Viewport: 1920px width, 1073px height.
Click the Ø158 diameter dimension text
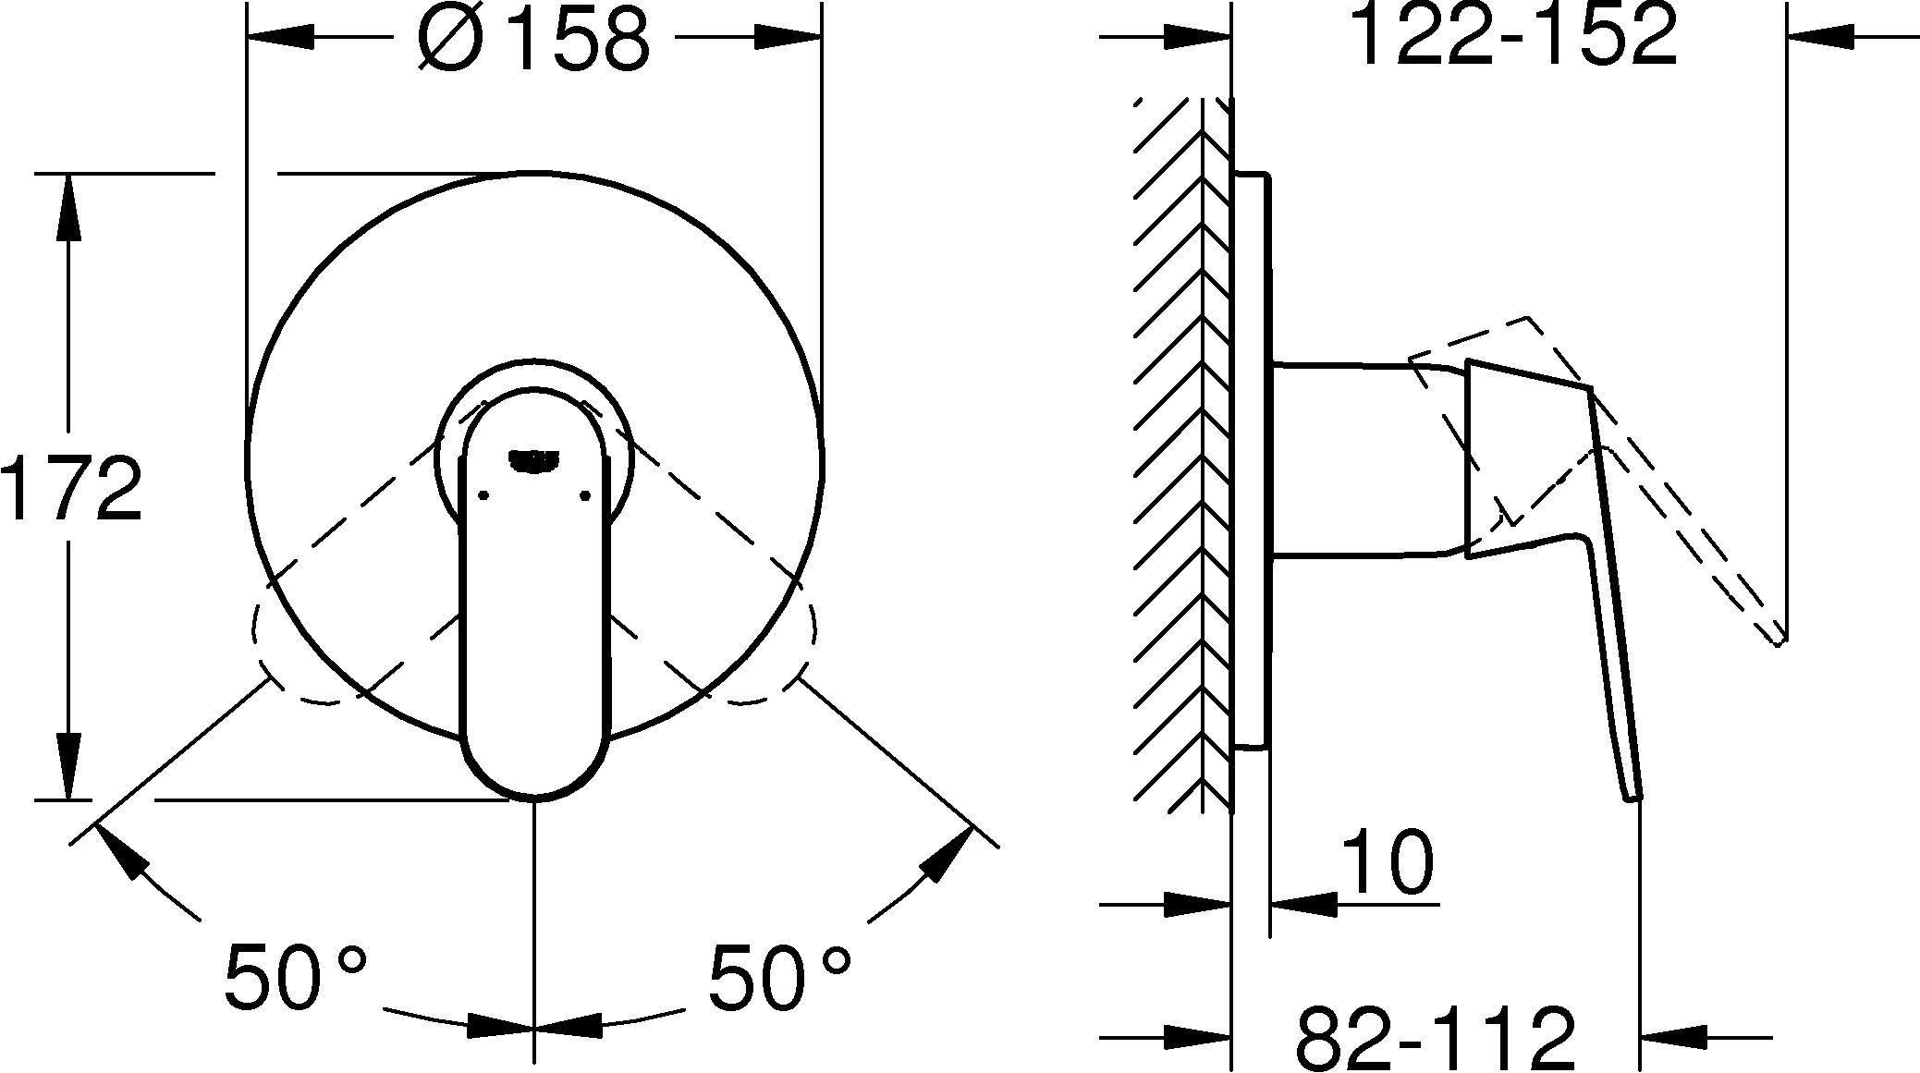click(533, 40)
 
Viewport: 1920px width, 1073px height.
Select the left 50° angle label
click(296, 976)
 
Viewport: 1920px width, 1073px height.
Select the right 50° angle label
click(779, 976)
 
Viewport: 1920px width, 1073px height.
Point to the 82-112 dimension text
click(1434, 1038)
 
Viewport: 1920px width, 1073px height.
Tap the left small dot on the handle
click(483, 496)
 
